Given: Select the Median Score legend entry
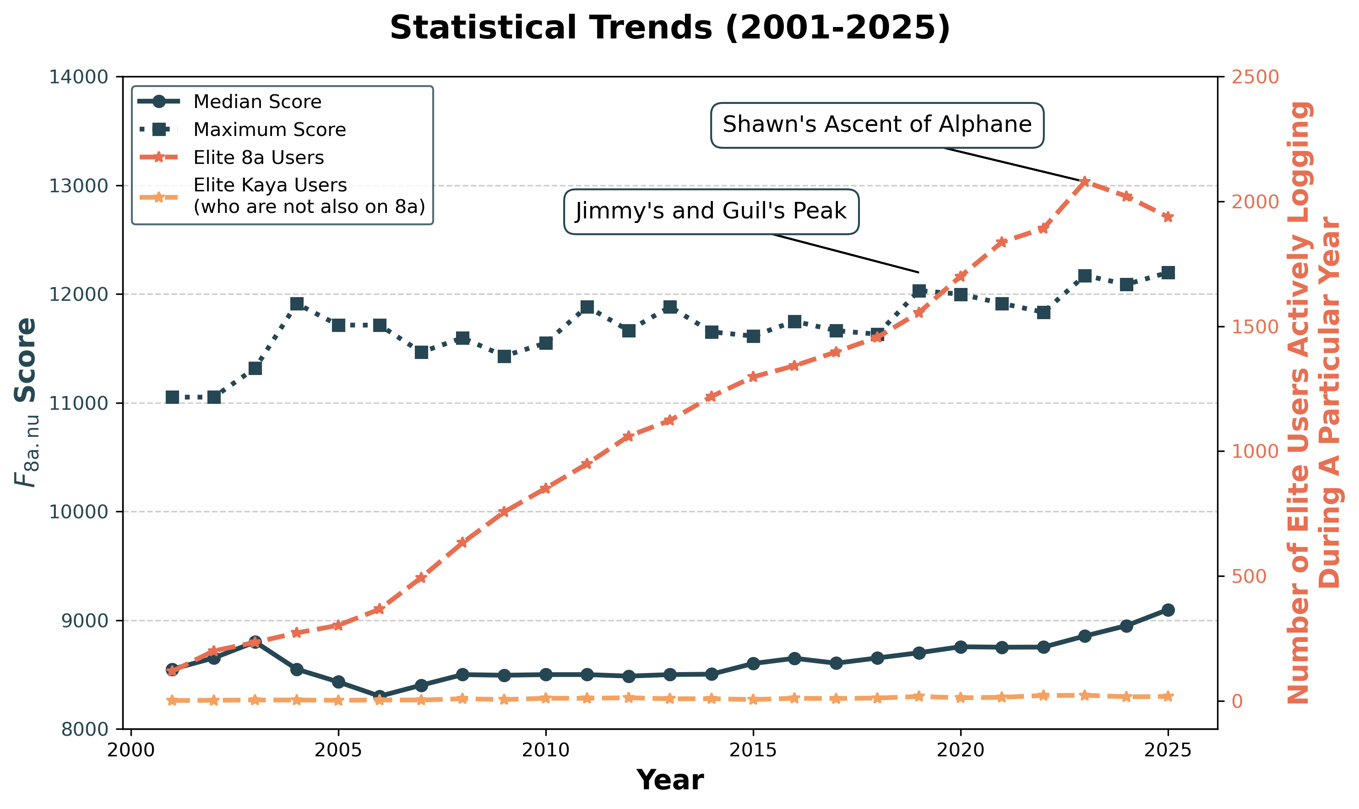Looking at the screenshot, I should tap(257, 102).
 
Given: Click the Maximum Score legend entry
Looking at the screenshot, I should tap(269, 130).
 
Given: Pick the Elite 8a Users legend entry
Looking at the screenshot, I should tap(258, 157).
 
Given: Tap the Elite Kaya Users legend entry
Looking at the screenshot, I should tap(309, 195).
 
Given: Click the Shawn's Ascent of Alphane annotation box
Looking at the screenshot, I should tap(876, 125).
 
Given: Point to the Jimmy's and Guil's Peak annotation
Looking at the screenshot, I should tap(711, 211).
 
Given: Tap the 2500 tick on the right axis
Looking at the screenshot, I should tap(1255, 77).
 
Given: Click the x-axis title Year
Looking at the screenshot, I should tap(669, 780).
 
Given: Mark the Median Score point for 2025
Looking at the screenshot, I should tap(1168, 610).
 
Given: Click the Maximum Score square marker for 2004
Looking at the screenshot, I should tap(297, 304).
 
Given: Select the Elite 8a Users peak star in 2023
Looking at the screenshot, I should tap(1085, 182).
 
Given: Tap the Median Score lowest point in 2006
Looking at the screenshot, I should tap(380, 697).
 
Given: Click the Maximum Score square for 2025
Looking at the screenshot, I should tap(1168, 272).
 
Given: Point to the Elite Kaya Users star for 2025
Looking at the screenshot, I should tap(1168, 697).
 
